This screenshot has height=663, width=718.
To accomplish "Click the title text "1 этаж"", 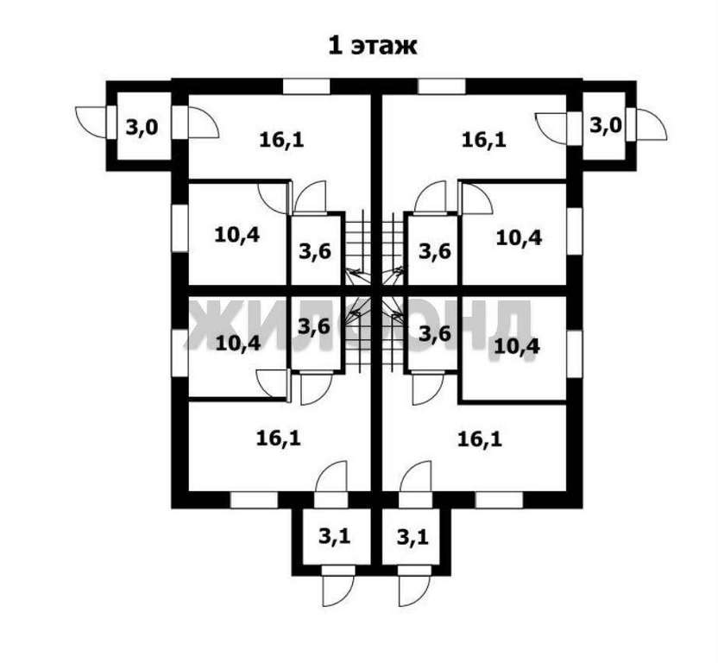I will point(371,45).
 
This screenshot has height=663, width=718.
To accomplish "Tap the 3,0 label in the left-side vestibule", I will point(142,128).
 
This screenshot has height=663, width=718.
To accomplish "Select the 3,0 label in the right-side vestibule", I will point(605,125).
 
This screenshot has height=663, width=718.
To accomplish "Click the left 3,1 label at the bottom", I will point(334,537).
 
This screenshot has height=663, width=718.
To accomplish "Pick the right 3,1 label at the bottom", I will point(413,537).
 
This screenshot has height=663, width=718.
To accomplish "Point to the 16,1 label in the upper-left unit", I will point(281,137).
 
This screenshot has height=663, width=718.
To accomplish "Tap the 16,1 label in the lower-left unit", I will point(278,438).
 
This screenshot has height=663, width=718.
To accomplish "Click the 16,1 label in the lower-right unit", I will point(479,438).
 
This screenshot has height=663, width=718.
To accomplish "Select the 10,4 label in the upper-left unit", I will point(236,235).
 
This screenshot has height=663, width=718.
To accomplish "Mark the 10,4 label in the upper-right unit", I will point(519,236).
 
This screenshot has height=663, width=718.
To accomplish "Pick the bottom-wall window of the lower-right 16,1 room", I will point(499,499).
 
